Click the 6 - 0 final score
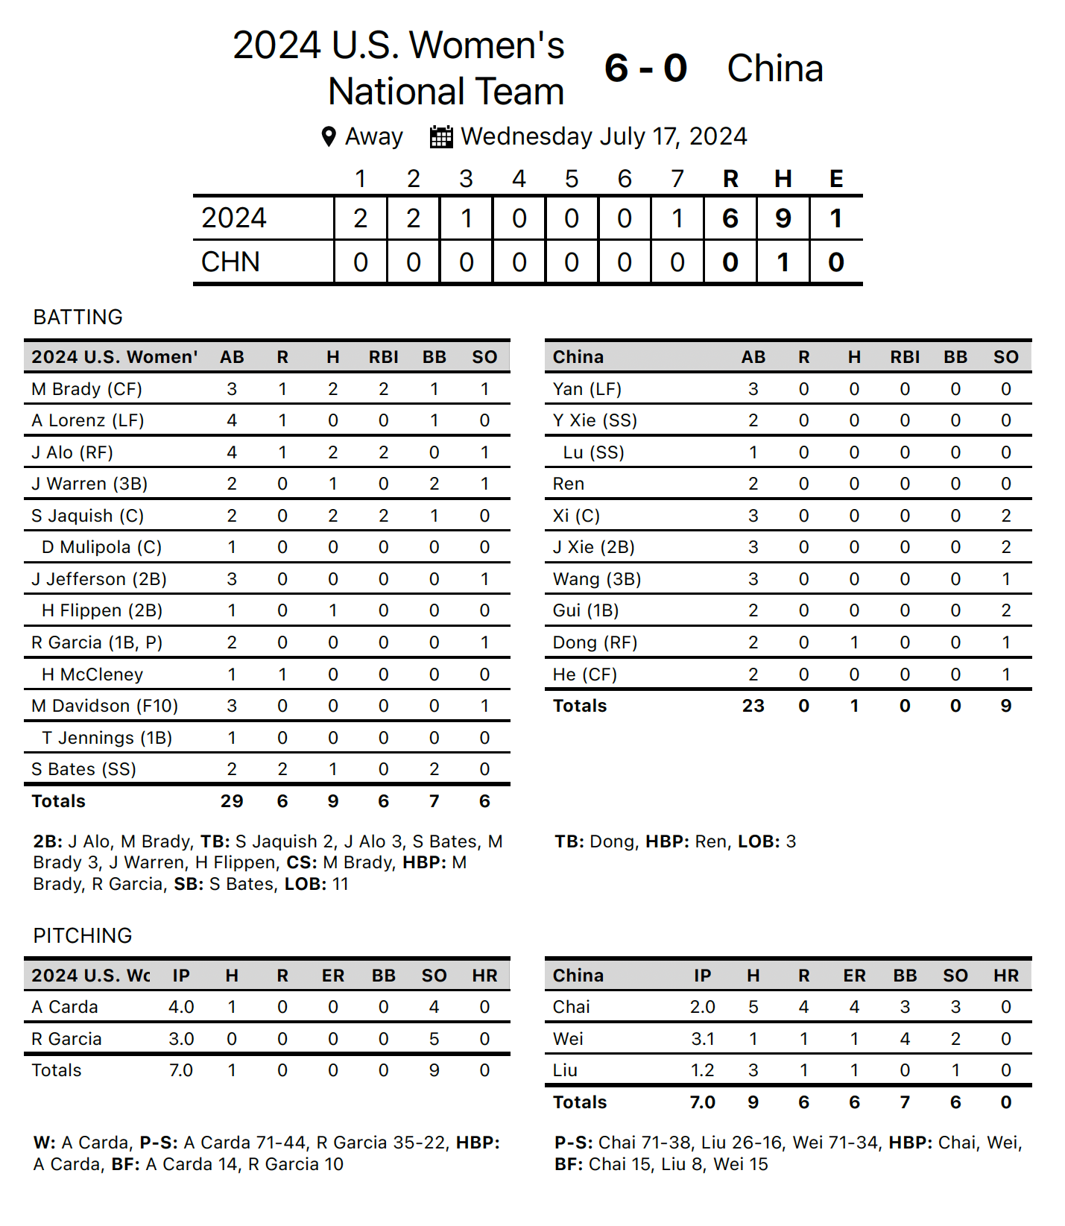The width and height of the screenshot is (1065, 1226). click(645, 69)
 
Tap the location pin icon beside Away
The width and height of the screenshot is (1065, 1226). click(329, 137)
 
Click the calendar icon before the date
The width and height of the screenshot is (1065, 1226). click(441, 137)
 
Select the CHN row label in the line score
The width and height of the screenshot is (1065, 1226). click(231, 262)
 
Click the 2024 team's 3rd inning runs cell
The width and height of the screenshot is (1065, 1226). click(466, 218)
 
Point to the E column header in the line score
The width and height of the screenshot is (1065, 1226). click(836, 179)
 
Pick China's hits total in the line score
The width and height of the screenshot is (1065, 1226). click(783, 262)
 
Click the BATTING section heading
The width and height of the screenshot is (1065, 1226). click(78, 317)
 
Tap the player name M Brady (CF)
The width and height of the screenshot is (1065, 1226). click(86, 389)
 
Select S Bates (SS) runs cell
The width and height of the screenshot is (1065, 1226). click(282, 769)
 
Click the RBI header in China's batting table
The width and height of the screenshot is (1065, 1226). click(905, 357)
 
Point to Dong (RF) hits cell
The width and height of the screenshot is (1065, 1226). click(854, 642)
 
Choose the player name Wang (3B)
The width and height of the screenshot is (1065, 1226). click(597, 579)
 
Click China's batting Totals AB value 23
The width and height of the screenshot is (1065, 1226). click(753, 706)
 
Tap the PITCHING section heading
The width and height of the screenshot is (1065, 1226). click(83, 936)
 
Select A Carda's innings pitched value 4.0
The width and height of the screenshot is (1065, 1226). click(181, 1007)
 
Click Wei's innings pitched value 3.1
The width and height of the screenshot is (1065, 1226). click(702, 1039)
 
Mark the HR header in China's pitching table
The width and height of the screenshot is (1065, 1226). click(1005, 976)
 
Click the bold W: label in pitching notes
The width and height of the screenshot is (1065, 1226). click(44, 1143)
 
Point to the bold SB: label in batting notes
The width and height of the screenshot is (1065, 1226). click(189, 884)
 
